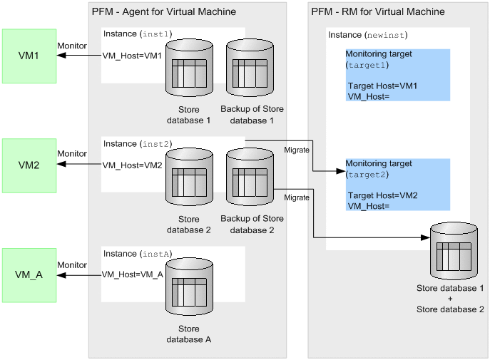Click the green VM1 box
click(29, 56)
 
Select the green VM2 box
click(29, 165)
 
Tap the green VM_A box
click(29, 274)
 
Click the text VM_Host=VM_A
click(133, 274)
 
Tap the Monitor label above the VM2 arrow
click(72, 154)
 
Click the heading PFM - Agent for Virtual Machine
click(164, 12)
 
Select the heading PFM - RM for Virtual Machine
click(378, 12)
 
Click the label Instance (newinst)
click(367, 35)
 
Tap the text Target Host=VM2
click(383, 195)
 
